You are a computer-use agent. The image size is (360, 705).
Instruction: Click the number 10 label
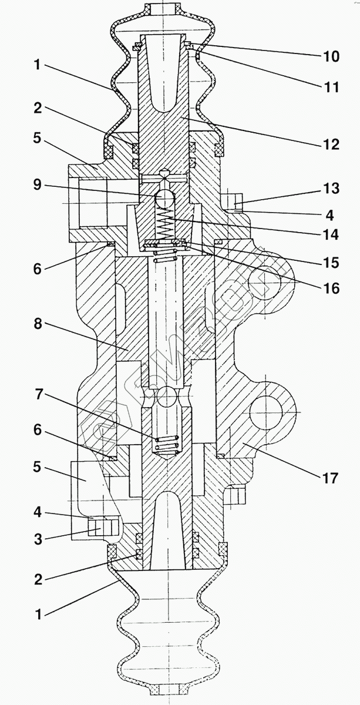331,56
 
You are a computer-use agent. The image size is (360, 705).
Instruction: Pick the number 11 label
331,88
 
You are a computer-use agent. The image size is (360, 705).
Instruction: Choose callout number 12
331,144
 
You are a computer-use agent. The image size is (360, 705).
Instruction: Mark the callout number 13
331,189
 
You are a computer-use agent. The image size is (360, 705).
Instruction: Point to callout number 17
331,478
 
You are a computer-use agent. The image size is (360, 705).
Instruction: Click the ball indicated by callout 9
167,199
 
